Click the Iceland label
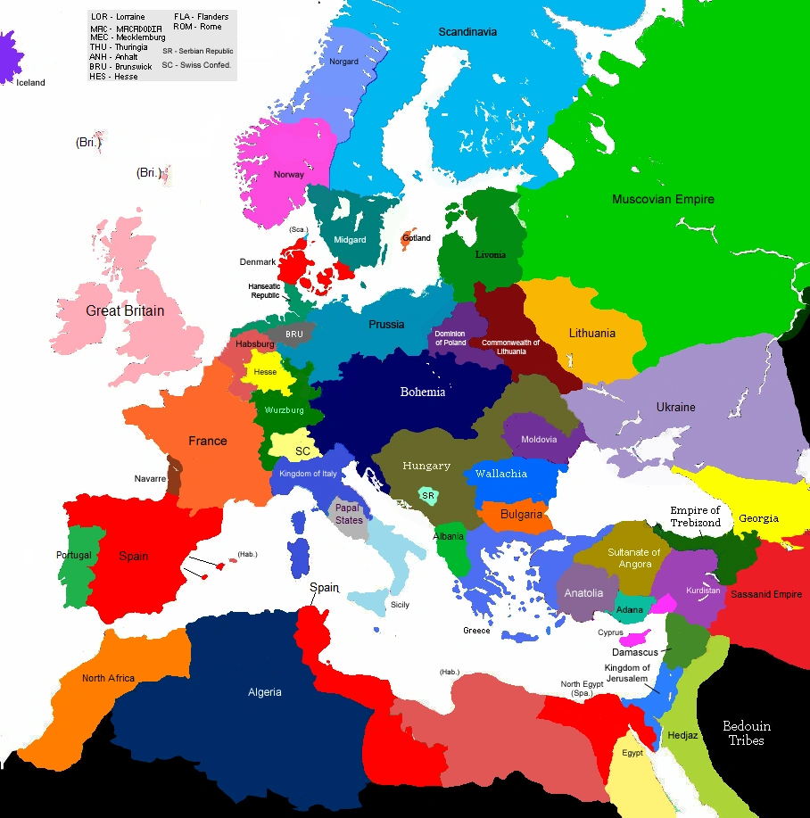click(x=30, y=83)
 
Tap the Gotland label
click(x=417, y=238)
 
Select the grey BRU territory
click(x=294, y=335)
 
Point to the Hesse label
click(x=265, y=372)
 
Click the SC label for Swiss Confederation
click(x=302, y=451)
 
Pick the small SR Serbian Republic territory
click(x=428, y=495)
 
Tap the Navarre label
click(x=150, y=479)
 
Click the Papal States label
click(x=349, y=514)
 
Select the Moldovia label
click(x=539, y=439)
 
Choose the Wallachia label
click(x=500, y=474)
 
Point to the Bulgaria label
click(x=521, y=514)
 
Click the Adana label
click(x=630, y=609)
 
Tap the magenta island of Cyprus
click(x=635, y=640)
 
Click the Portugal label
click(x=73, y=555)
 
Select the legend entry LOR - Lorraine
click(x=118, y=17)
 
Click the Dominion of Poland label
click(x=450, y=338)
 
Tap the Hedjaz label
click(x=683, y=736)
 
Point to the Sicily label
click(x=400, y=605)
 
